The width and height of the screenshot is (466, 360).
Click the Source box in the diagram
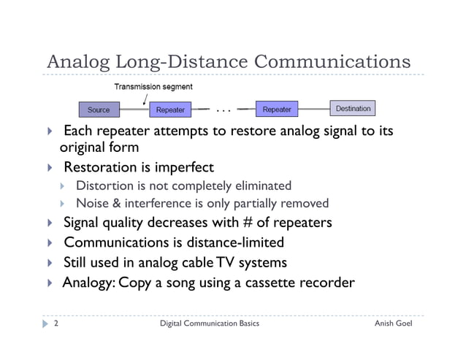click(99, 110)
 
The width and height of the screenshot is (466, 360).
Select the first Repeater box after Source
click(171, 110)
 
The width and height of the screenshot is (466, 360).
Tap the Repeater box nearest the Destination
click(277, 110)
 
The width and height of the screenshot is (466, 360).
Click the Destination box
click(353, 110)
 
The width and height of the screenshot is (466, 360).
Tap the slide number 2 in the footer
click(56, 322)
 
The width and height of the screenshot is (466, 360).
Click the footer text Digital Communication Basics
click(209, 322)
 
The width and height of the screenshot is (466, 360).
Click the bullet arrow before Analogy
click(49, 282)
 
